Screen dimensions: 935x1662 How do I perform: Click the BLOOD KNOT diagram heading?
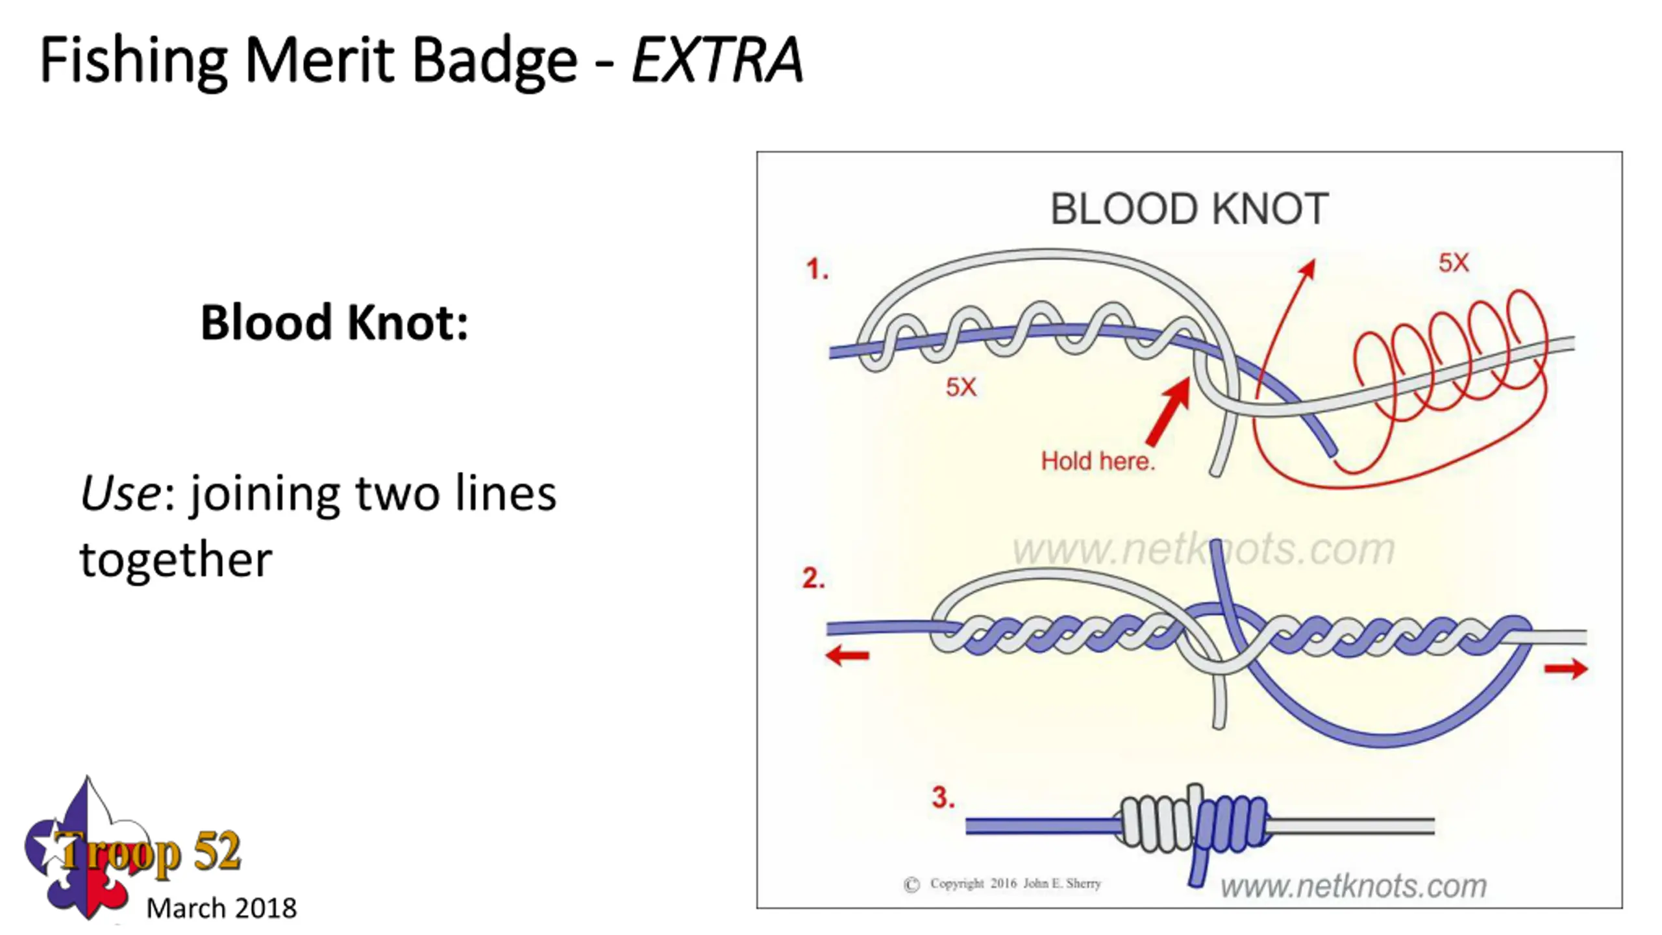tap(1189, 209)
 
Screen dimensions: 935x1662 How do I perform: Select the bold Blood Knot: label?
tap(334, 322)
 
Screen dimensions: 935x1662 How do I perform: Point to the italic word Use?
tap(120, 493)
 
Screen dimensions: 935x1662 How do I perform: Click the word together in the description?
tap(175, 560)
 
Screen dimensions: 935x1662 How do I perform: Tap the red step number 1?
tap(817, 269)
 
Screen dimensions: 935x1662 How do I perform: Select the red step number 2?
tap(813, 578)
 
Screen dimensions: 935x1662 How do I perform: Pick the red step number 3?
tap(943, 797)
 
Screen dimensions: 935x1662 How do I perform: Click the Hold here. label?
tap(1098, 461)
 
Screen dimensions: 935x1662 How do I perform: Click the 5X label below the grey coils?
tap(961, 387)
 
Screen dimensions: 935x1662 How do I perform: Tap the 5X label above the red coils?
tap(1453, 263)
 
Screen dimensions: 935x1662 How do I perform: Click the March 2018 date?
tap(221, 908)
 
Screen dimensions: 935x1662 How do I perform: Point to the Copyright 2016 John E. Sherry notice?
tap(1003, 884)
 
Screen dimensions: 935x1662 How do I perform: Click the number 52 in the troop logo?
tap(217, 851)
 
